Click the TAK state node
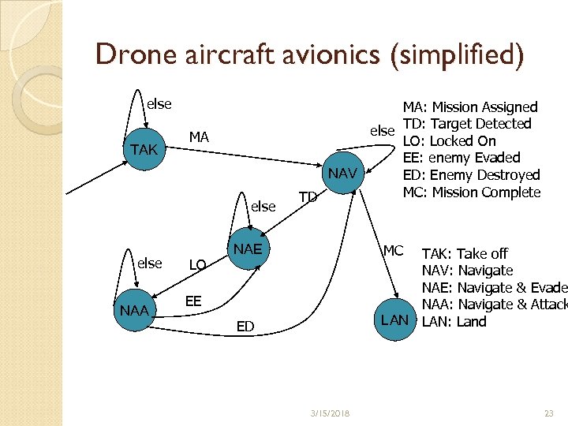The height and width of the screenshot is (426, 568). click(x=144, y=150)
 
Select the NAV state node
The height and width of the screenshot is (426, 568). click(x=342, y=173)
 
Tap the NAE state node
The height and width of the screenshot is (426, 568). click(x=246, y=248)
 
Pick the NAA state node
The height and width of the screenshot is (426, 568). click(x=133, y=311)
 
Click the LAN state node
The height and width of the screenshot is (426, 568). click(x=394, y=319)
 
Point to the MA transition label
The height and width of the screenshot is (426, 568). click(x=199, y=137)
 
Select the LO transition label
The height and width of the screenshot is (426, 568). click(x=198, y=264)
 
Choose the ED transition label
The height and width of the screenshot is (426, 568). click(x=245, y=326)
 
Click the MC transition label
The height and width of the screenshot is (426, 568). click(x=393, y=251)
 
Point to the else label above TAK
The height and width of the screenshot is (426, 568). click(x=159, y=103)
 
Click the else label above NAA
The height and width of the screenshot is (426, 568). click(x=149, y=263)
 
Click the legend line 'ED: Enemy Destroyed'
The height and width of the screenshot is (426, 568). click(x=471, y=175)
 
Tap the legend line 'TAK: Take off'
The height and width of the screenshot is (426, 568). click(x=465, y=253)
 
